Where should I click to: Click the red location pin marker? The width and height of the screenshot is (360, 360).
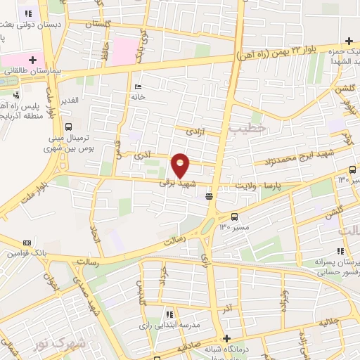coord(181,165)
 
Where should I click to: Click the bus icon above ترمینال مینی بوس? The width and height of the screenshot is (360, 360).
coord(68,127)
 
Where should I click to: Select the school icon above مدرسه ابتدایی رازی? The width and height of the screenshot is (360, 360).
coord(169,316)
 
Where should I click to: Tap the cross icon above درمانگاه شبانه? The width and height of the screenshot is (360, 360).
coord(226,337)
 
